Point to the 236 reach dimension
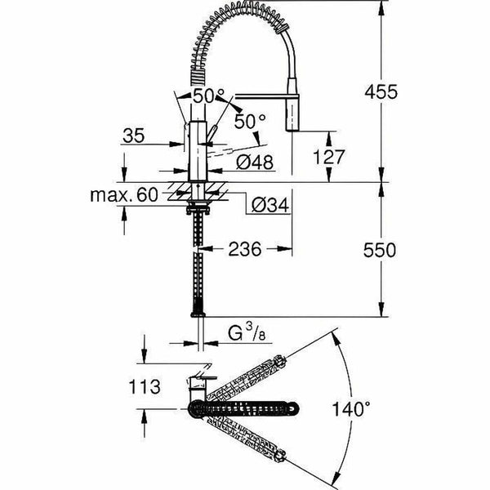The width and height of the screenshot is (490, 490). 245,250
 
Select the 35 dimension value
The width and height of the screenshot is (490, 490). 134,135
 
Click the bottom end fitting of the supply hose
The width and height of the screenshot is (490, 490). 197,311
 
